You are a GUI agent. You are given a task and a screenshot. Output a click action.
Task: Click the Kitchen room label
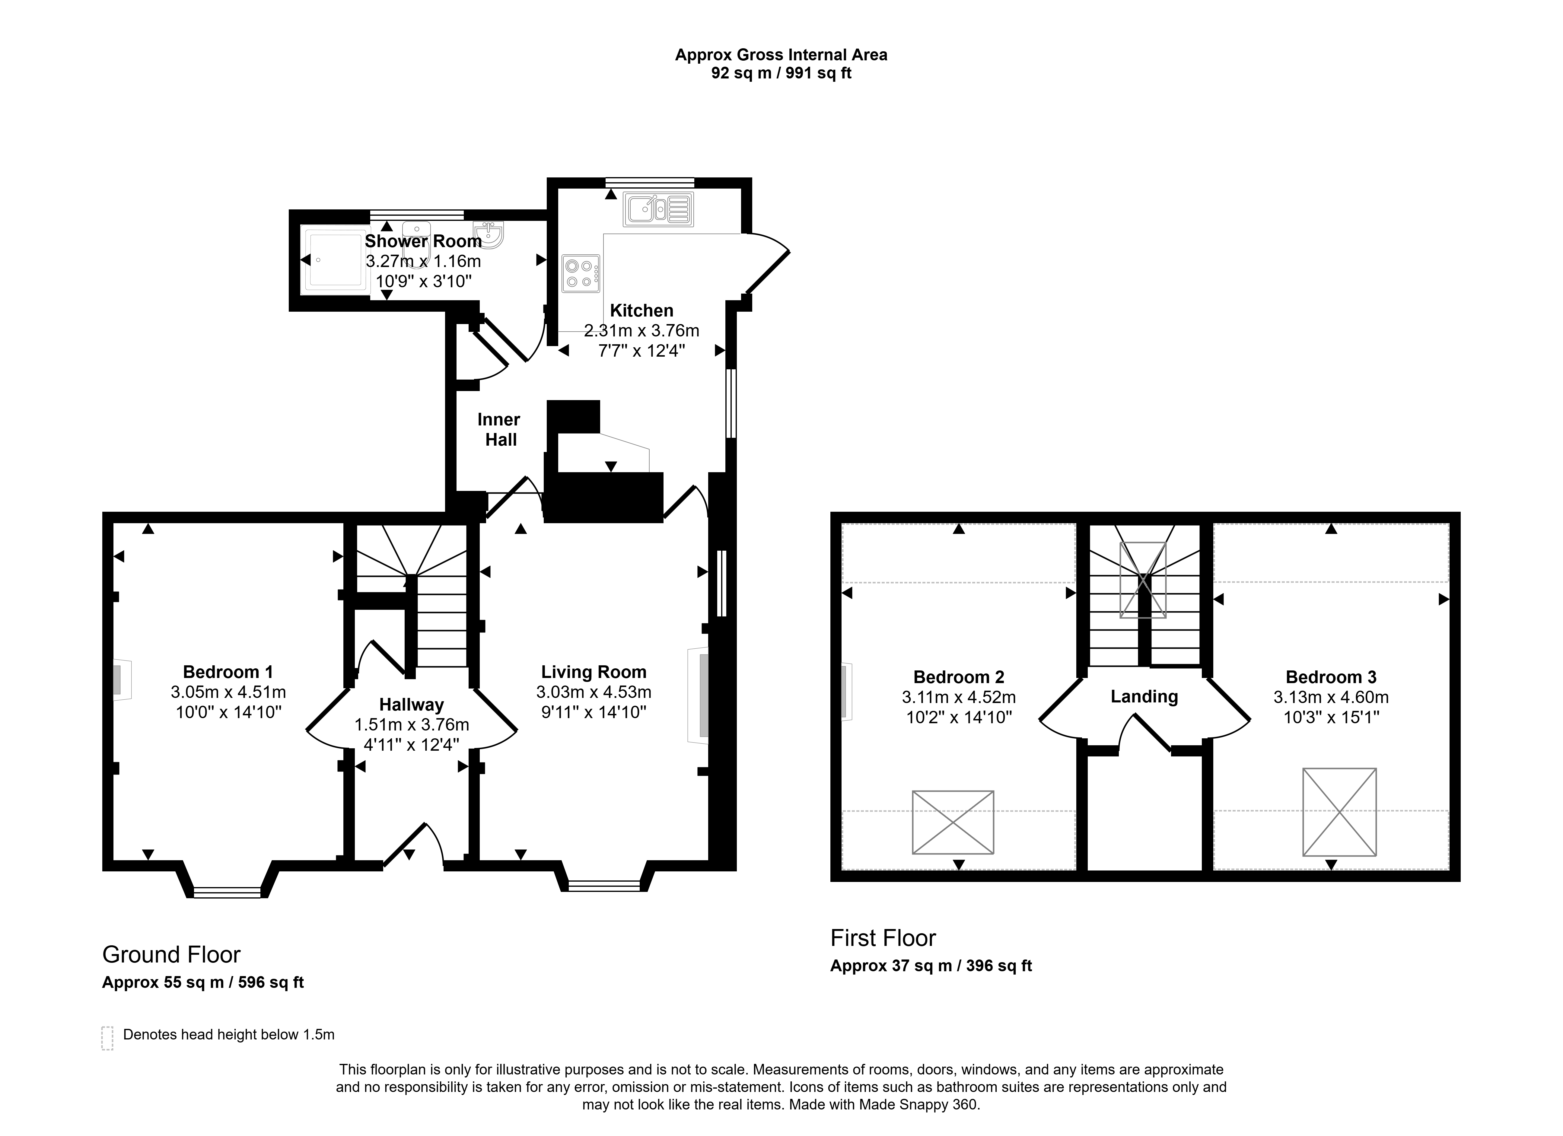641,311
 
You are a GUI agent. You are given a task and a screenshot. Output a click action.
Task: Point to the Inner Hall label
499,429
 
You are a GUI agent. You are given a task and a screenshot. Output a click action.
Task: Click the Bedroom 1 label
228,672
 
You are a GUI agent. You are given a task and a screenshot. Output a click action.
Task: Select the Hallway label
412,705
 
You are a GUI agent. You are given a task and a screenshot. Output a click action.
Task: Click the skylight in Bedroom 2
953,822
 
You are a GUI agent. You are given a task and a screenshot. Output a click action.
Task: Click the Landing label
1144,697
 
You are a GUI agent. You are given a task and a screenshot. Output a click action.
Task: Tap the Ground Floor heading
172,955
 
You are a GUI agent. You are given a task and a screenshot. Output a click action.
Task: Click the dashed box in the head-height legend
107,1038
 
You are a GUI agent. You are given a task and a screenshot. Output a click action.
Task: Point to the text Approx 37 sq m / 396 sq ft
931,966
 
